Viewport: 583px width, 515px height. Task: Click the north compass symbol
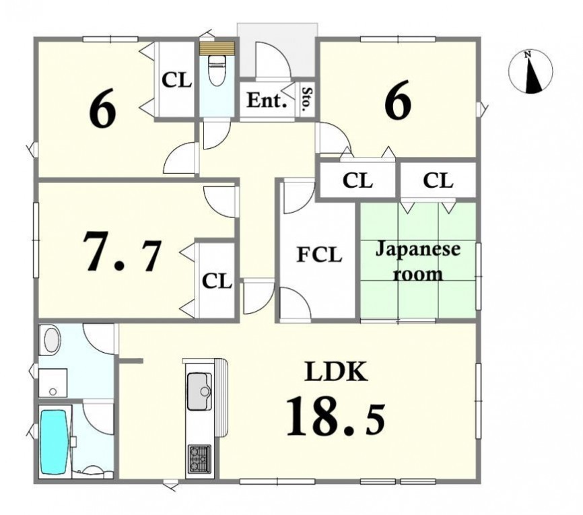pyautogui.click(x=530, y=71)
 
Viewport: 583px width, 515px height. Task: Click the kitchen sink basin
pyautogui.click(x=199, y=391)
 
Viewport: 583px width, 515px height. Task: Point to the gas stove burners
pyautogui.click(x=199, y=459)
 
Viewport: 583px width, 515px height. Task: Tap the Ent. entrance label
pyautogui.click(x=267, y=100)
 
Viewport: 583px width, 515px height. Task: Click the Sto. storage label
pyautogui.click(x=307, y=100)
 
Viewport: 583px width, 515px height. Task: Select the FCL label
pyautogui.click(x=319, y=255)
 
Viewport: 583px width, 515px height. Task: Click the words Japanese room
pyautogui.click(x=418, y=261)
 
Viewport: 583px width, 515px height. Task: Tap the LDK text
pyautogui.click(x=336, y=372)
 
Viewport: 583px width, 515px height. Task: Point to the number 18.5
pyautogui.click(x=335, y=417)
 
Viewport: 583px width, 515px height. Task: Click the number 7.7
pyautogui.click(x=122, y=251)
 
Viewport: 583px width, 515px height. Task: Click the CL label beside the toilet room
pyautogui.click(x=176, y=80)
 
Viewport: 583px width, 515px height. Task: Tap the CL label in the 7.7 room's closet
pyautogui.click(x=217, y=281)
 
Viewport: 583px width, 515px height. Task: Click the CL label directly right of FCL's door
pyautogui.click(x=357, y=180)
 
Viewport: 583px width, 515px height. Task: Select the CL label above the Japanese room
pyautogui.click(x=438, y=180)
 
